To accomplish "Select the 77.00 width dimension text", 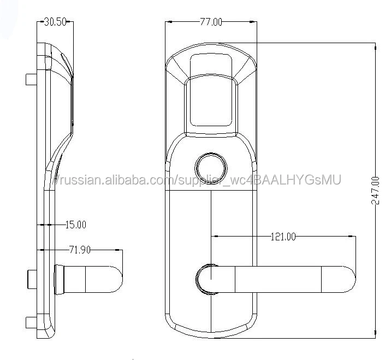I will pyautogui.click(x=211, y=22).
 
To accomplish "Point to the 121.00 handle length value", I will pyautogui.click(x=283, y=237).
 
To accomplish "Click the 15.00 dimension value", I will pyautogui.click(x=75, y=225).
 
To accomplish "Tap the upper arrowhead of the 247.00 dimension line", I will pyautogui.click(x=376, y=47).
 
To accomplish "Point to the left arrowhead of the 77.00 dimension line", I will pyautogui.click(x=169, y=22).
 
